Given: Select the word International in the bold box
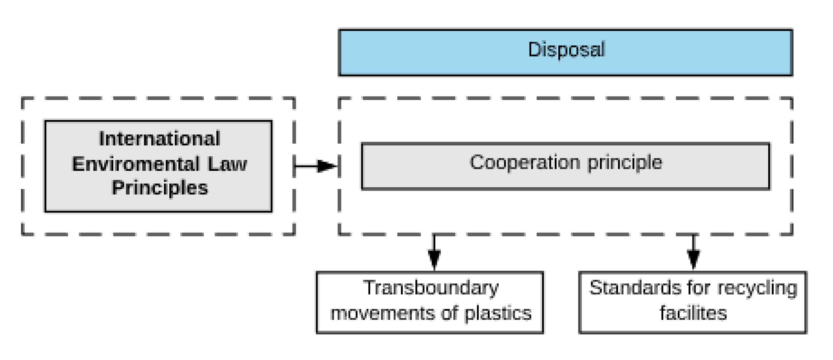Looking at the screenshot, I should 160,139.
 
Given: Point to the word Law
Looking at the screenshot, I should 227,164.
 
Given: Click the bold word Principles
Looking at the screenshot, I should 160,188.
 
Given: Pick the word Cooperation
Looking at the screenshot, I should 524,162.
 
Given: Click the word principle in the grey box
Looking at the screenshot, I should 625,163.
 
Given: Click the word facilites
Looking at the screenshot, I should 693,313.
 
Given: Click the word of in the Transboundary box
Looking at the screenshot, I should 449,313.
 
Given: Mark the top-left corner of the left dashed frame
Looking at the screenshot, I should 22,98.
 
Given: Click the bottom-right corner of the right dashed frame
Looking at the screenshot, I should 792,234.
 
